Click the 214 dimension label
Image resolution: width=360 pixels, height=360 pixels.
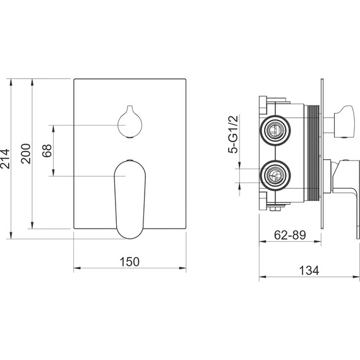coord(5,159)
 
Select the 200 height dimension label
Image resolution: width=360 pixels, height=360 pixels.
coord(25,153)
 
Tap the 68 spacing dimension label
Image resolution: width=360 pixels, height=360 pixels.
coord(47,150)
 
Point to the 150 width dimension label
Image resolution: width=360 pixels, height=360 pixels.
coord(129,261)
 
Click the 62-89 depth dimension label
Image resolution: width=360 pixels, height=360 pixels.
coord(290,235)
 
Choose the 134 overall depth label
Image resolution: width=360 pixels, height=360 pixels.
coord(309,270)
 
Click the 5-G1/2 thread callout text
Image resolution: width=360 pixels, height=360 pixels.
coord(233,135)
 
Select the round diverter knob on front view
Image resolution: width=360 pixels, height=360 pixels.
coord(129,122)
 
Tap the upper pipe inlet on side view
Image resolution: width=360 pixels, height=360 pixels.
coord(275,130)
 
